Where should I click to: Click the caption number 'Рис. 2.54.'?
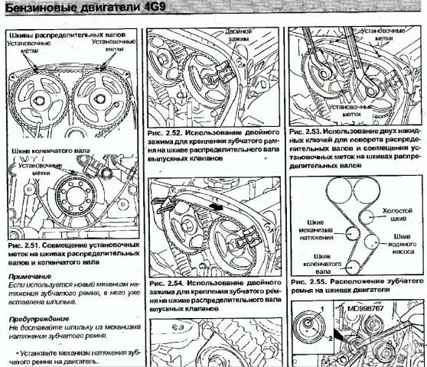coord(167,284)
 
